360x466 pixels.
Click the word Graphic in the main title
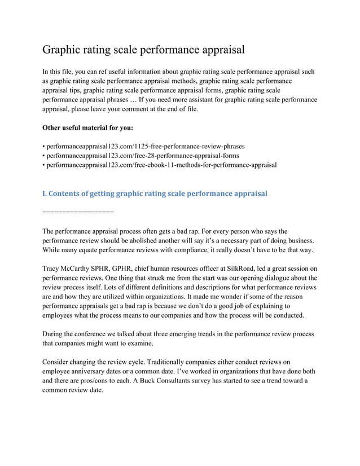[64, 50]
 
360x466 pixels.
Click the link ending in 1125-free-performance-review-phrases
[145, 146]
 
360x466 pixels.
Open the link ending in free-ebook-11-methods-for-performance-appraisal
[161, 165]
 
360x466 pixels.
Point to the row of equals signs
[78, 213]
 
